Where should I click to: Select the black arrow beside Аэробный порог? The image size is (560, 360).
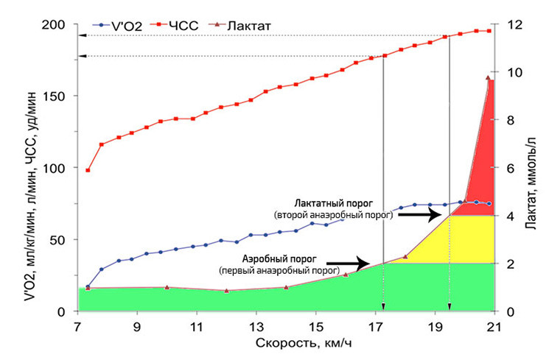348,263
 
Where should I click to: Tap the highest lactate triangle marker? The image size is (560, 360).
488,77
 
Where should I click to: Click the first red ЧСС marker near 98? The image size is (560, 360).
88,170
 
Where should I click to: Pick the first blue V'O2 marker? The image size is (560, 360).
88,286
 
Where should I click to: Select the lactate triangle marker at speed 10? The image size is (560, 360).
167,287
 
